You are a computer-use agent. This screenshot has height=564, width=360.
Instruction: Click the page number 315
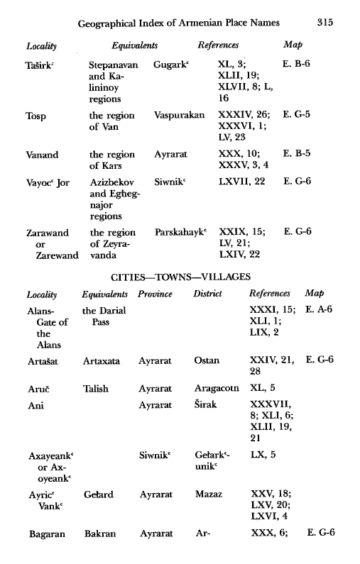326,23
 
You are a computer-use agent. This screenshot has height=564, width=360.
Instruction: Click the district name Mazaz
207,492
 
